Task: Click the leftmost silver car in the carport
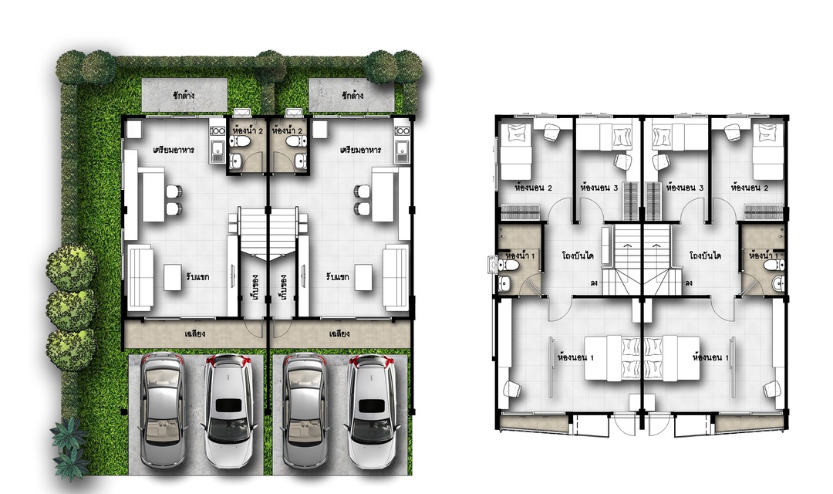pyautogui.click(x=163, y=412)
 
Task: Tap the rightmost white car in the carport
pyautogui.click(x=372, y=413)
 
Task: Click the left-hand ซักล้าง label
pyautogui.click(x=184, y=96)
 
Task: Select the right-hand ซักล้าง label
pyautogui.click(x=352, y=96)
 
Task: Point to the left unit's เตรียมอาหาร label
pyautogui.click(x=174, y=150)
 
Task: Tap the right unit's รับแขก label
pyautogui.click(x=337, y=277)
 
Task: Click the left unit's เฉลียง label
pyautogui.click(x=195, y=334)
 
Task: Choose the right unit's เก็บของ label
pyautogui.click(x=282, y=286)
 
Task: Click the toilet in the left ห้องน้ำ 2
pyautogui.click(x=242, y=141)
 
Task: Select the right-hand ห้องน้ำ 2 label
pyautogui.click(x=288, y=130)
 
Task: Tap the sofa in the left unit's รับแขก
pyautogui.click(x=140, y=277)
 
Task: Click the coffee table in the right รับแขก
pyautogui.click(x=364, y=277)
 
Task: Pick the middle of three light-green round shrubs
pyautogui.click(x=71, y=310)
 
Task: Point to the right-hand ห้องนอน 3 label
pyautogui.click(x=685, y=188)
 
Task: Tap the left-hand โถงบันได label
pyautogui.click(x=578, y=255)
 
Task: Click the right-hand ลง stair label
pyautogui.click(x=689, y=283)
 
